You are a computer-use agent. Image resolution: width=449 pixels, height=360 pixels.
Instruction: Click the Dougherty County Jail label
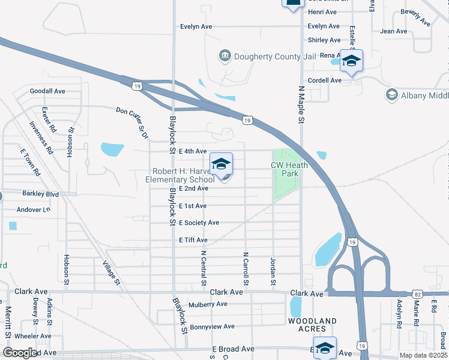coord(274,56)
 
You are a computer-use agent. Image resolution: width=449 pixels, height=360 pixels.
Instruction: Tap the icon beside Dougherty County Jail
coord(225,56)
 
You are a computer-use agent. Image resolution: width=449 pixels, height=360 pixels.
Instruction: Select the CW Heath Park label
coord(285,169)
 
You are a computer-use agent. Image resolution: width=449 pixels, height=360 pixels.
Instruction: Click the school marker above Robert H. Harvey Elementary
coord(221,164)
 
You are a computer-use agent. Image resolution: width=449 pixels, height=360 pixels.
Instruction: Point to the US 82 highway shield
coord(418,294)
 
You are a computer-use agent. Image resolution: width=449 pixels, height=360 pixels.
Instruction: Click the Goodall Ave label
coord(47,91)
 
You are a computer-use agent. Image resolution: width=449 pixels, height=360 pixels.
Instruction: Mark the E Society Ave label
coord(199,223)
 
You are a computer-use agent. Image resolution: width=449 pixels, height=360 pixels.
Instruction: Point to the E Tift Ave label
coord(193,240)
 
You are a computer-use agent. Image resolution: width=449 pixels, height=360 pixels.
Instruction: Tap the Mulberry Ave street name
coord(208,304)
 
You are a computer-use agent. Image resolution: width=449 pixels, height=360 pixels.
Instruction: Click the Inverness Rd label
coord(41,138)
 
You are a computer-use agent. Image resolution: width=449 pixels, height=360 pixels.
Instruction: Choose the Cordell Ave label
coord(324,80)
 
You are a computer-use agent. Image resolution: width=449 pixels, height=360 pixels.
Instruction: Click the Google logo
coord(20,353)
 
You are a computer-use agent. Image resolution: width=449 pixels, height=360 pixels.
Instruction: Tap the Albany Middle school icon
coord(392,95)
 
